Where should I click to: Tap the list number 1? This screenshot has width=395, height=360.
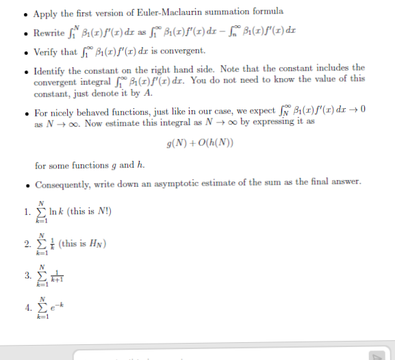point(26,210)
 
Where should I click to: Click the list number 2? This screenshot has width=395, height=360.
point(26,244)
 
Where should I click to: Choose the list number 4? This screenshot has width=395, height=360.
point(26,309)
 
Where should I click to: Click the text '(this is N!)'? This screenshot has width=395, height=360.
point(87,210)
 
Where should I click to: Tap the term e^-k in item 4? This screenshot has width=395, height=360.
point(58,309)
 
